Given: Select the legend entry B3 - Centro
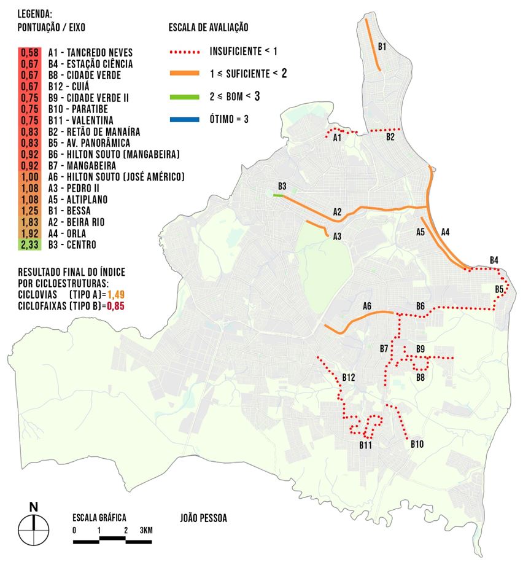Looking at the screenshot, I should pos(72,244).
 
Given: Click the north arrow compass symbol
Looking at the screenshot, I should pos(34,527).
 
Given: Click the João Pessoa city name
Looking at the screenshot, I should pos(204,518).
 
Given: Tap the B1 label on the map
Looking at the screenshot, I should pos(382,46).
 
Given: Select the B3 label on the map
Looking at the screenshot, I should pos(282,185).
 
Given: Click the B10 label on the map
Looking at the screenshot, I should pos(417,444).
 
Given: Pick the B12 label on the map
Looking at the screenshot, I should pos(349,376).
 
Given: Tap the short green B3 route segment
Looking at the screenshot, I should pos(279,195).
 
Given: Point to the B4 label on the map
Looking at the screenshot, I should pos(494,260).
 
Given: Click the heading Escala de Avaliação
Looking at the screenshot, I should pos(208,28).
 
